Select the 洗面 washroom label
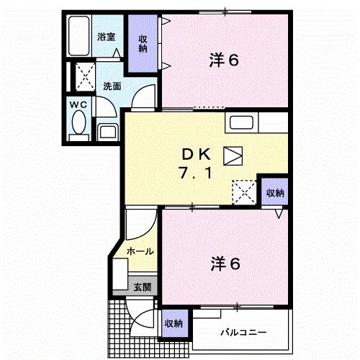point(112,86)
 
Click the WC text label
point(78,105)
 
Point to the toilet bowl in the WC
point(78,127)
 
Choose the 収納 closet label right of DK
point(274,193)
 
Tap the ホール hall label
point(139,251)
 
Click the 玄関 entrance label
point(142,286)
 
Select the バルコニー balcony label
point(243,333)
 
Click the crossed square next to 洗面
point(85,75)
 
